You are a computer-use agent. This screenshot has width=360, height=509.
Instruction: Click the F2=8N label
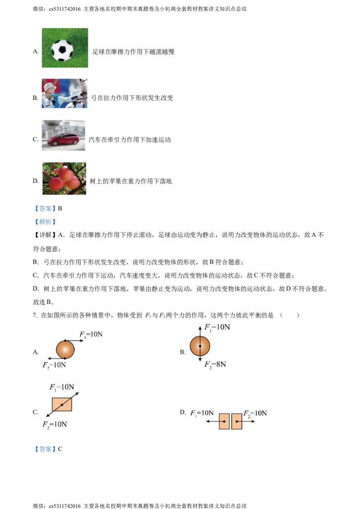[x=215, y=364]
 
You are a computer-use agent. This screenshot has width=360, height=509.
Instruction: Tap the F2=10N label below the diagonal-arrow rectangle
[x=55, y=424]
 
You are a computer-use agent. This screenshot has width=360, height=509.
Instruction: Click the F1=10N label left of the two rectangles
[x=202, y=412]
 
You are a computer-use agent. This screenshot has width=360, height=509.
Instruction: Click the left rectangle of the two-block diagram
[x=224, y=421]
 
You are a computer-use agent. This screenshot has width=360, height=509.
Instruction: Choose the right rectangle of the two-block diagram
[x=237, y=421]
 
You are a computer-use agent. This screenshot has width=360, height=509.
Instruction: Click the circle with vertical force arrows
[x=200, y=346]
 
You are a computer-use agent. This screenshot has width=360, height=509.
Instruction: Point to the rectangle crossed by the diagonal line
[x=62, y=405]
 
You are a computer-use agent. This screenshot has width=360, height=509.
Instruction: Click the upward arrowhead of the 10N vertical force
[x=200, y=325]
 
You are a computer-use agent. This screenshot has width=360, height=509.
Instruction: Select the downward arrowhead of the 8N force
[x=200, y=361]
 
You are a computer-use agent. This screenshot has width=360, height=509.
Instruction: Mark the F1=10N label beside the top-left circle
[x=91, y=335]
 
